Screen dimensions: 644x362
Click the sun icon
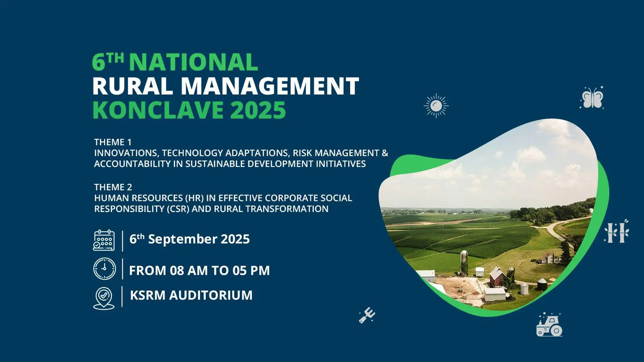(x=436, y=106)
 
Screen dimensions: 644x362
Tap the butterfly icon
(x=592, y=98)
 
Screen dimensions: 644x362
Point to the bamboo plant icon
(x=616, y=231)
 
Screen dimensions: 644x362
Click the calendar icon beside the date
(x=104, y=241)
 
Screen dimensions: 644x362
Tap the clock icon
(x=105, y=269)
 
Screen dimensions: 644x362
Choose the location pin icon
(x=104, y=298)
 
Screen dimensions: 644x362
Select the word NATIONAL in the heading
(x=194, y=62)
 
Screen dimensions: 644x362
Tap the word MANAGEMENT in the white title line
(x=270, y=86)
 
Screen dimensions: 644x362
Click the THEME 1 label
(x=113, y=142)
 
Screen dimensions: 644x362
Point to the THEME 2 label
(x=113, y=187)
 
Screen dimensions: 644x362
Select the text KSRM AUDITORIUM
(x=191, y=295)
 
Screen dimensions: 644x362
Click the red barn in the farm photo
(x=497, y=277)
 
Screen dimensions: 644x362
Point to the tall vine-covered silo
(x=464, y=263)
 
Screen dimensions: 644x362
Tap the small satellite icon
(x=367, y=315)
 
